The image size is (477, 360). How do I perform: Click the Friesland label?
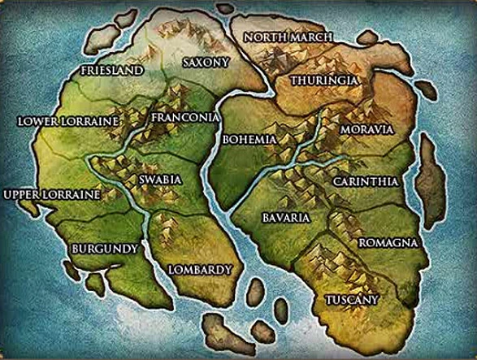click(x=111, y=71)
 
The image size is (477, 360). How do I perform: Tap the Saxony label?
click(x=206, y=62)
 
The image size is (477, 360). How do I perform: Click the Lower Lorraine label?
click(x=69, y=121)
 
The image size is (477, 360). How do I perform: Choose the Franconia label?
click(x=186, y=118)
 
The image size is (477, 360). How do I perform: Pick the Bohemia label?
click(x=249, y=140)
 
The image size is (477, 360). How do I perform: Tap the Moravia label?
click(x=366, y=130)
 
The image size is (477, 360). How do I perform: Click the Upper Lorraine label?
click(x=52, y=195)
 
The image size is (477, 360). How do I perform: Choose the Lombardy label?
click(x=200, y=269)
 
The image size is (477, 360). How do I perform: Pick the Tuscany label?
click(x=352, y=300)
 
